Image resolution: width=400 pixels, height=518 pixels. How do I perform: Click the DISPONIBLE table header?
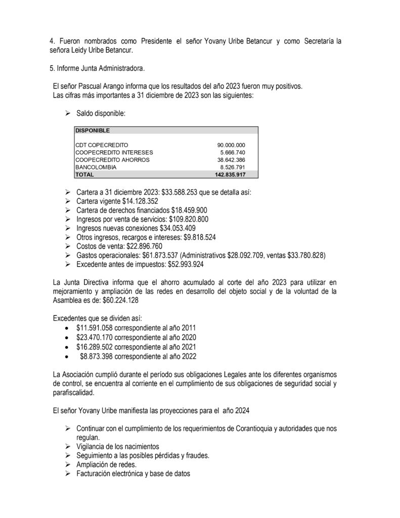click(92, 131)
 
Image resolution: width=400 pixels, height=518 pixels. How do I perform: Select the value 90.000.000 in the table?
click(231, 145)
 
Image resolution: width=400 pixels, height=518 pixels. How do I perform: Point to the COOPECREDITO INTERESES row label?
click(114, 152)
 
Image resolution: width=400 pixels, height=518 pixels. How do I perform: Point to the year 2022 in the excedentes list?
click(188, 356)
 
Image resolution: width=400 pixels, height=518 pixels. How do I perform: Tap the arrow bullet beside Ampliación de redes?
click(67, 464)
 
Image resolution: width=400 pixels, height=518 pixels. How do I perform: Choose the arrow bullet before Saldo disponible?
click(67, 115)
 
